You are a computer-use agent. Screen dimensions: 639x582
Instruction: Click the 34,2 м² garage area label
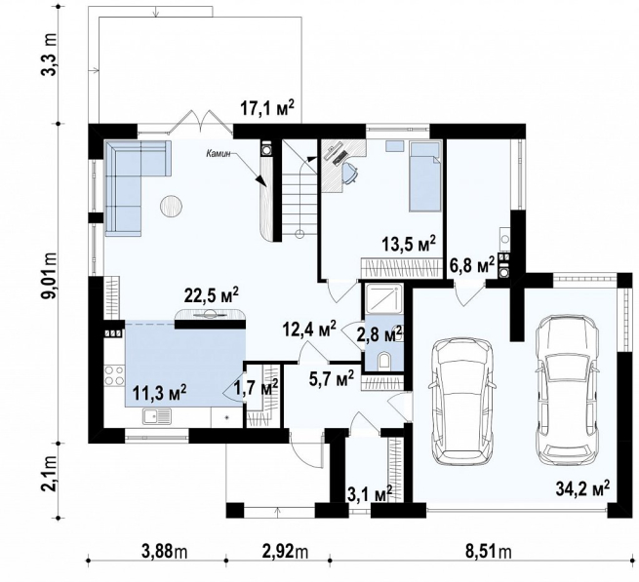(582, 488)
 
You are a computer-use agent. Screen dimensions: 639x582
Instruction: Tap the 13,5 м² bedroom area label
(409, 245)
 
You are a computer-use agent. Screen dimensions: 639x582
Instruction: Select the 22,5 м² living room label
(211, 296)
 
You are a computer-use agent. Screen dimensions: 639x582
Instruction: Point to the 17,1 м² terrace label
(267, 109)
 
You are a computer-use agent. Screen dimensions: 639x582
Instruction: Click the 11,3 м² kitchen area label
(159, 393)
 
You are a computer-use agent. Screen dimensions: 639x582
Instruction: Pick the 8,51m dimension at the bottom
(489, 552)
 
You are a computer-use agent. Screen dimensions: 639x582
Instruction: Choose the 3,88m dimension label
(164, 552)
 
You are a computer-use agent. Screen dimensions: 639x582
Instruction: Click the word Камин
(219, 154)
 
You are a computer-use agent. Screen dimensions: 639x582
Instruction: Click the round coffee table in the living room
(171, 206)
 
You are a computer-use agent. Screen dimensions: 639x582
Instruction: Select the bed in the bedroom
(425, 176)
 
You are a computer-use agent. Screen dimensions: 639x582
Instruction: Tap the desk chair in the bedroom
(350, 173)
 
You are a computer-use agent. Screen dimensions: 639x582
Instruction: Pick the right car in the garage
(568, 389)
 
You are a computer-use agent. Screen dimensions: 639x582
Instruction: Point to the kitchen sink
(157, 416)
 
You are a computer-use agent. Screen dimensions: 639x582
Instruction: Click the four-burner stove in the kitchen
(114, 375)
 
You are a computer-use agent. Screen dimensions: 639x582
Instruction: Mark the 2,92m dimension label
(285, 552)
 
